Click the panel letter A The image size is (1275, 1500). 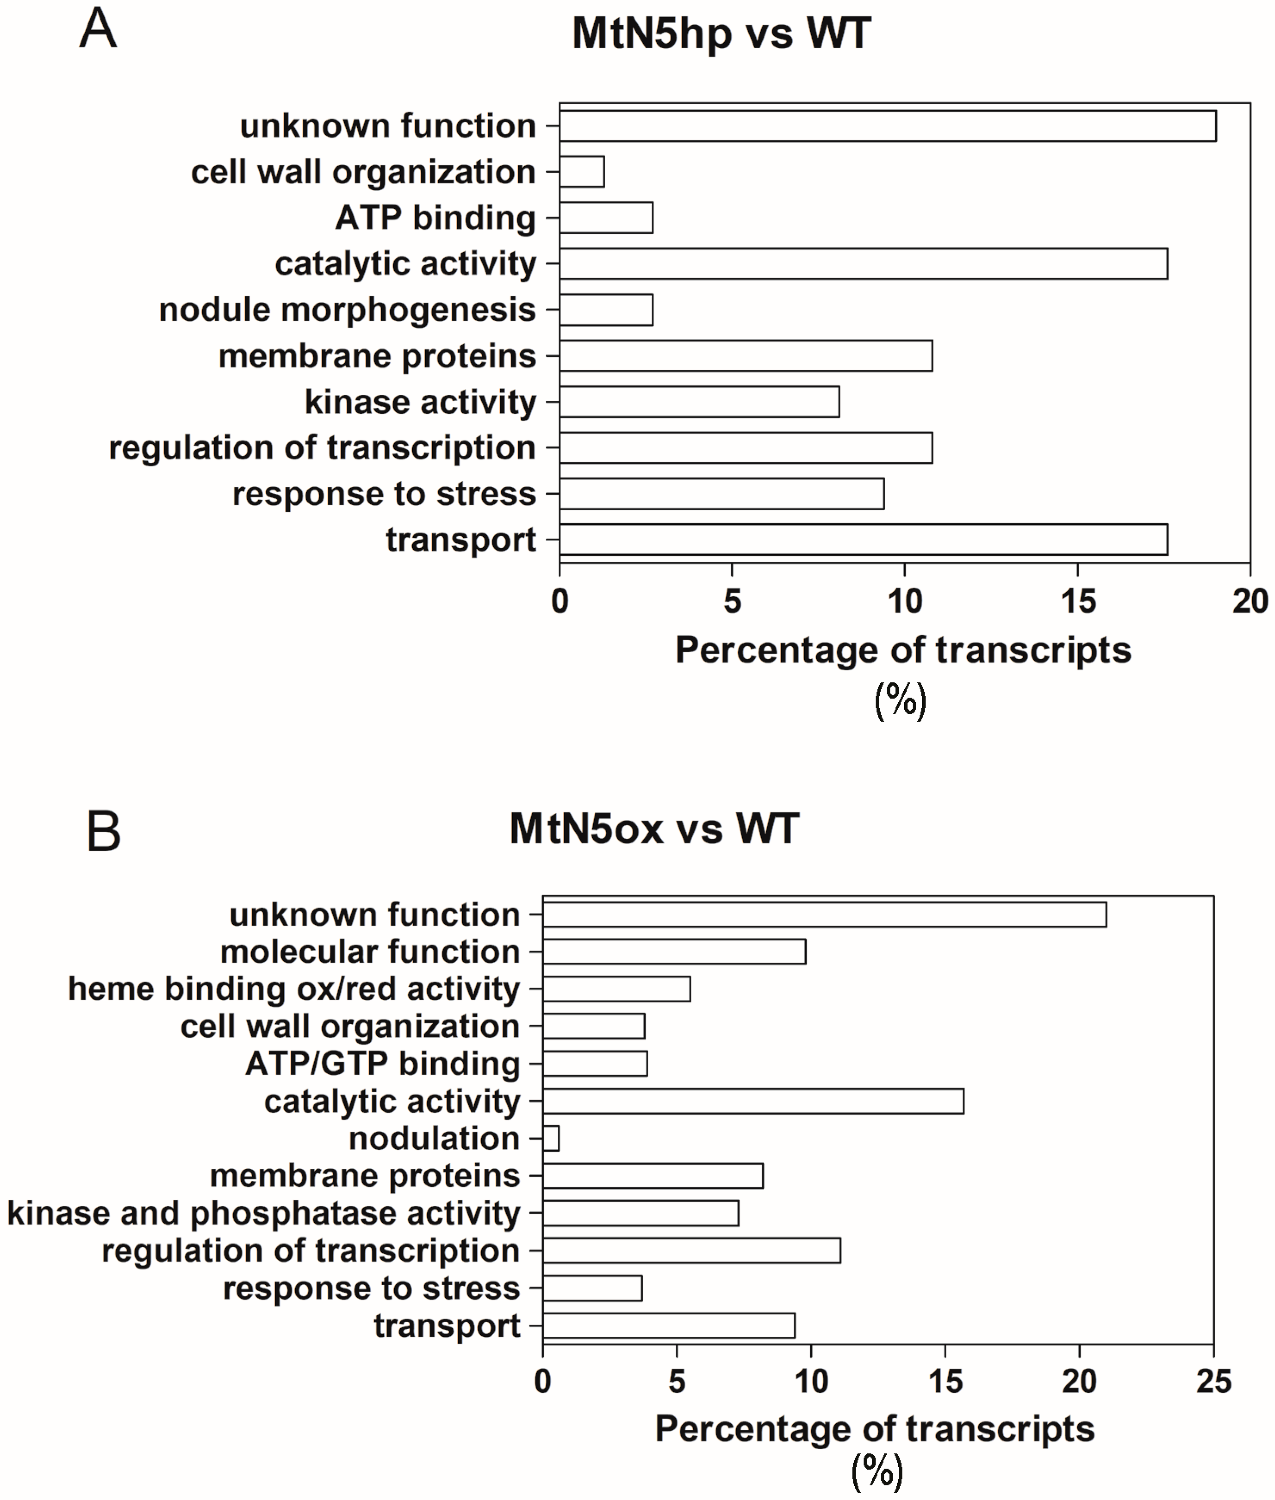tap(98, 29)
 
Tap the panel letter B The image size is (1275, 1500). tap(103, 832)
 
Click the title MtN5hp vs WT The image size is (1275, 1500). tap(721, 33)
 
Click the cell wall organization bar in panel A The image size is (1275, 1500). tap(582, 172)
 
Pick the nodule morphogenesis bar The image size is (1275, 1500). tap(606, 310)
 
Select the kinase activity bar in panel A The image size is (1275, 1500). tap(699, 402)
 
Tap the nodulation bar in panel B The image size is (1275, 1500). tap(551, 1139)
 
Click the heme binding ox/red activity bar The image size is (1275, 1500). tap(616, 989)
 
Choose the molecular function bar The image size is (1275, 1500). tap(675, 951)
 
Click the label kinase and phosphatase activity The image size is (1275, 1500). tap(264, 1213)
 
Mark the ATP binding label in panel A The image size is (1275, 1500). tap(435, 217)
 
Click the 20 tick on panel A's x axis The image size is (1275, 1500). tap(1250, 601)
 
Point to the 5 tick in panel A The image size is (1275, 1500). tap(732, 601)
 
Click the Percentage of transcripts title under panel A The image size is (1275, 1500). tap(903, 650)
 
